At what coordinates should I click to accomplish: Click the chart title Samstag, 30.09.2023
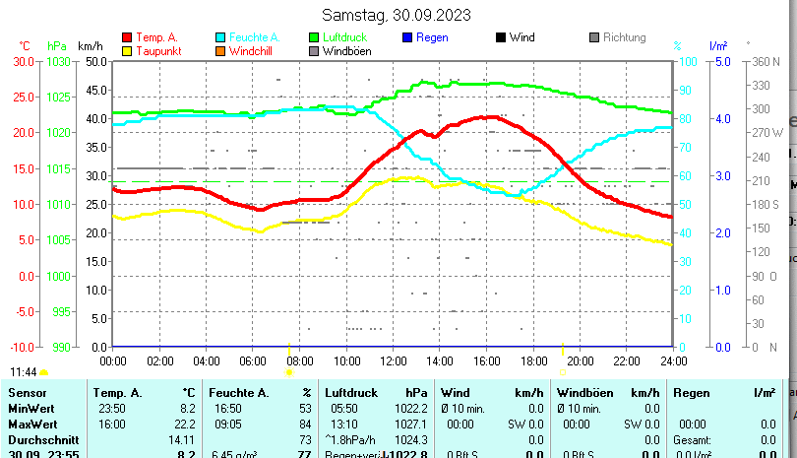point(397,15)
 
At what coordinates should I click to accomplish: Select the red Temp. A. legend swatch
point(127,37)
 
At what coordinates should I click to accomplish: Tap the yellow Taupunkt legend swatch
point(127,51)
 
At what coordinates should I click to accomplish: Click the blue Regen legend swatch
point(407,37)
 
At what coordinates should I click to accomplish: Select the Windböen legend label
point(346,51)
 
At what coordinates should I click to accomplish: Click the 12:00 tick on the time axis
point(393,360)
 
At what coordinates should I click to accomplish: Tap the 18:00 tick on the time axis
point(533,360)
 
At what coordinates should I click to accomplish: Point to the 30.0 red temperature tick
point(24,61)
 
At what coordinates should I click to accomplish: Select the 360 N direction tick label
point(766,61)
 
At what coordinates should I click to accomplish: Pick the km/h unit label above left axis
point(90,45)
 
